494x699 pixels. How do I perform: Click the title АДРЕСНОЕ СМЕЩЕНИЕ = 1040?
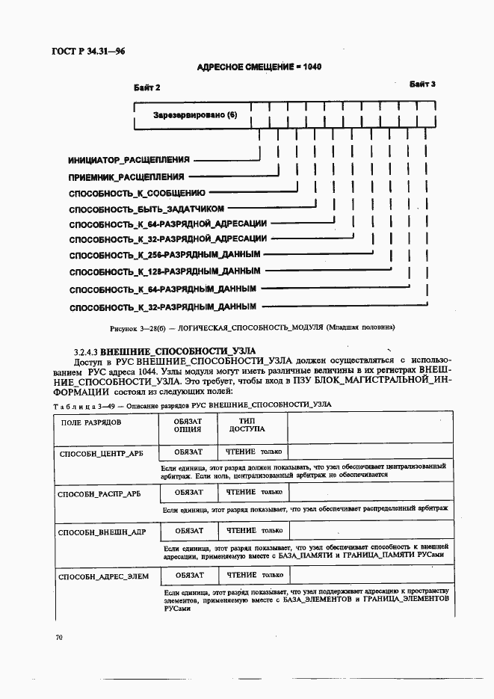(259, 67)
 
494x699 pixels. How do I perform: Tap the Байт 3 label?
(422, 84)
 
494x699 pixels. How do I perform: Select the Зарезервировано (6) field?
(194, 116)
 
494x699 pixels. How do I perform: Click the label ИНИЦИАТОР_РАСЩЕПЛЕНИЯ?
(129, 160)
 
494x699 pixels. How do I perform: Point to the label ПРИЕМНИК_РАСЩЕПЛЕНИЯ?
(126, 177)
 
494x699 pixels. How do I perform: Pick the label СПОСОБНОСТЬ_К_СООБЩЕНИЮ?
(136, 193)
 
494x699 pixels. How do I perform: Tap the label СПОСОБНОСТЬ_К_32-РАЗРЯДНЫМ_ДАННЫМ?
(162, 307)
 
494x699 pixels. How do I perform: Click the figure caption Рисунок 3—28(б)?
(252, 327)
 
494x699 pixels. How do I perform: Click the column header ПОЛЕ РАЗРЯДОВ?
(84, 422)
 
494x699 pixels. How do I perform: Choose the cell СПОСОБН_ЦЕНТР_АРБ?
(99, 453)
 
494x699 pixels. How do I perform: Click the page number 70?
(59, 638)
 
